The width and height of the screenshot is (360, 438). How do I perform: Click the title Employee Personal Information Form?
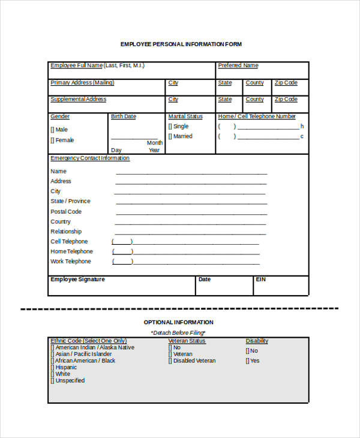(x=181, y=44)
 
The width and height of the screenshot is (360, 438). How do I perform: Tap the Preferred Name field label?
(x=238, y=65)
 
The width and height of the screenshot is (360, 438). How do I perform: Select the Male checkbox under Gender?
(x=52, y=130)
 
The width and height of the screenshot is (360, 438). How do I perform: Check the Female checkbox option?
(x=52, y=140)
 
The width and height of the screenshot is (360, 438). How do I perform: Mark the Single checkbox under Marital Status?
(x=170, y=127)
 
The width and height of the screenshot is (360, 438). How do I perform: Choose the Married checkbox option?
(x=170, y=137)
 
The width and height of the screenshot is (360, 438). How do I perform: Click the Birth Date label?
(x=123, y=116)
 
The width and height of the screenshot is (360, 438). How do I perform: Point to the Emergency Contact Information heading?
(x=89, y=158)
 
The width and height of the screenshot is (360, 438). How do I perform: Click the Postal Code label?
(x=65, y=212)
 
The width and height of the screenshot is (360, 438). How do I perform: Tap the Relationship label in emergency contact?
(x=66, y=232)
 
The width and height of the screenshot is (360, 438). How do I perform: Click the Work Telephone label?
(x=71, y=262)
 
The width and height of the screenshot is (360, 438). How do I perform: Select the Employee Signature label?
(x=77, y=280)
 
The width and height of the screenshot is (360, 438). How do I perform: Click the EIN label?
(x=260, y=280)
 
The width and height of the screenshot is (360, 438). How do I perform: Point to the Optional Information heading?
(x=178, y=322)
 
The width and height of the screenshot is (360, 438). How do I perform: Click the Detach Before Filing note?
(x=178, y=332)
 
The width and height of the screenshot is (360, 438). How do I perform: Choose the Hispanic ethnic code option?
(x=52, y=367)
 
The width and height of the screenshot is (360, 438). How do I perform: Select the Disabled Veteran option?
(x=170, y=361)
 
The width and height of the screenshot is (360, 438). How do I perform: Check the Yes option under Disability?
(x=247, y=361)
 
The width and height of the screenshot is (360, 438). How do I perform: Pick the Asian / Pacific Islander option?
(x=52, y=354)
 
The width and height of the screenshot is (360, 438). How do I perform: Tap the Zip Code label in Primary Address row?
(x=286, y=83)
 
